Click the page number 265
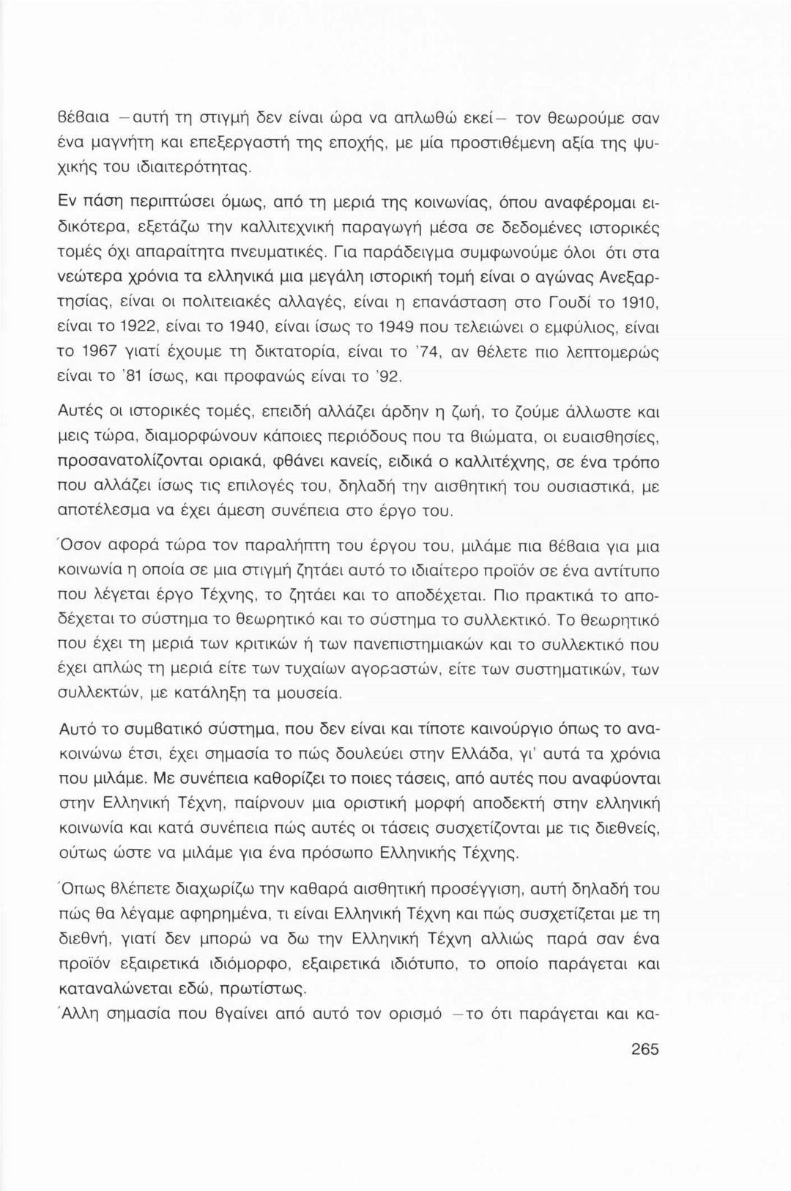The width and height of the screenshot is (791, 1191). [x=645, y=1050]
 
